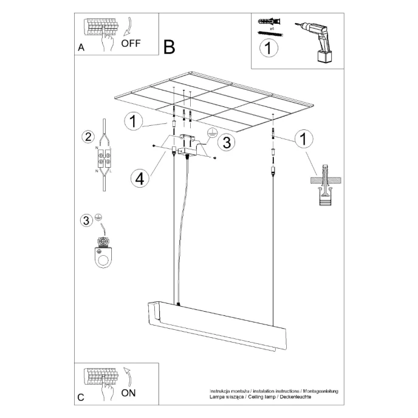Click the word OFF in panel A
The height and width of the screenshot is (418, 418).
[131, 43]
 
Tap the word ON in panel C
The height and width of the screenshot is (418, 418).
[129, 392]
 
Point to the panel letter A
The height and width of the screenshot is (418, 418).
[81, 47]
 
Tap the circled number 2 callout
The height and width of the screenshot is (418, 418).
[88, 137]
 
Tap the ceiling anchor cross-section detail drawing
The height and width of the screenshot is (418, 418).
[324, 185]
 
